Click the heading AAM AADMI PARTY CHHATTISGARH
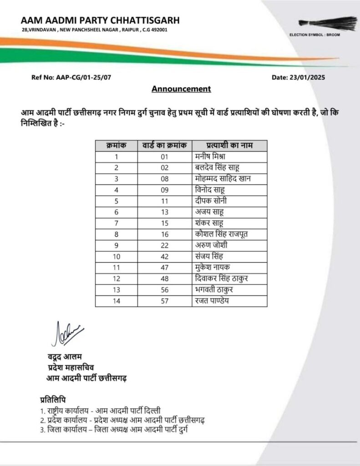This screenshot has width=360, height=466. [100, 20]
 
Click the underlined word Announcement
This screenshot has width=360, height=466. [181, 89]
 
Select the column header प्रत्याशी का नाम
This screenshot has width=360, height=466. [229, 145]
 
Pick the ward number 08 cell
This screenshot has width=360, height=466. [164, 179]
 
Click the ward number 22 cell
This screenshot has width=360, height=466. [164, 246]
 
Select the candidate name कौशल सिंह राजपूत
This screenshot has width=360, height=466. [221, 234]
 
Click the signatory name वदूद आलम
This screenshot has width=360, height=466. [64, 357]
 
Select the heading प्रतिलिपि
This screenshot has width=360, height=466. [53, 400]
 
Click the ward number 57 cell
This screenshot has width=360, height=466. [164, 301]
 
